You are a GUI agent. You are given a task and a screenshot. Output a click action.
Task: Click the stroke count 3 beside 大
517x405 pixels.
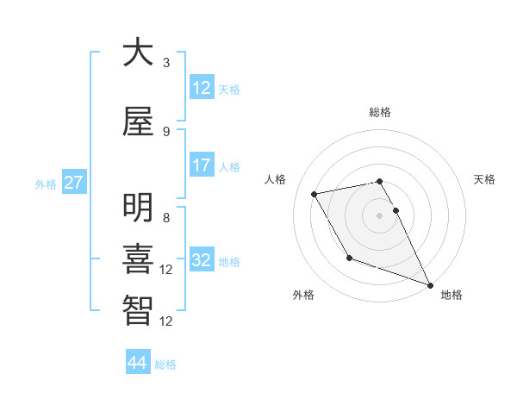(166, 63)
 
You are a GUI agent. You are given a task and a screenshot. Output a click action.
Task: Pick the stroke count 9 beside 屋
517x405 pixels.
(166, 131)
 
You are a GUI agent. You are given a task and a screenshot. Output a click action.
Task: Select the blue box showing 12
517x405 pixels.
(202, 88)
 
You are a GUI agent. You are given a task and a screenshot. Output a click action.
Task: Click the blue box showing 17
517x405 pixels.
(202, 165)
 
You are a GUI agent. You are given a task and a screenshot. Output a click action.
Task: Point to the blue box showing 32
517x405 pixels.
(202, 260)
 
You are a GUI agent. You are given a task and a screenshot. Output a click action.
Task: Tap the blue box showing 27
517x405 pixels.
(73, 183)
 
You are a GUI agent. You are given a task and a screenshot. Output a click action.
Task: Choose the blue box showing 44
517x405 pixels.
(138, 363)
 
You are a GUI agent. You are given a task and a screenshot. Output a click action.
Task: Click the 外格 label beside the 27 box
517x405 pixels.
(46, 184)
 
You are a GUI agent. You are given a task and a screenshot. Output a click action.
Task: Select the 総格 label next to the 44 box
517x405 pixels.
(165, 364)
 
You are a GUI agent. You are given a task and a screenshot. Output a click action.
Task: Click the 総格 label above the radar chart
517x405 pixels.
(380, 112)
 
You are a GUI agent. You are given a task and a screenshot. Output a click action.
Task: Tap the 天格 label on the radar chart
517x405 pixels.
(485, 179)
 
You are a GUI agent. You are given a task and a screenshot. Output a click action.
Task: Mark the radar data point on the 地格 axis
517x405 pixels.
(430, 284)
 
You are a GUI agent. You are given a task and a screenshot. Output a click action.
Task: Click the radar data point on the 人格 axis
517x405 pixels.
(315, 195)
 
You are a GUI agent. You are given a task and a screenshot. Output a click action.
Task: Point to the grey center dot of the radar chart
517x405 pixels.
(380, 215)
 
